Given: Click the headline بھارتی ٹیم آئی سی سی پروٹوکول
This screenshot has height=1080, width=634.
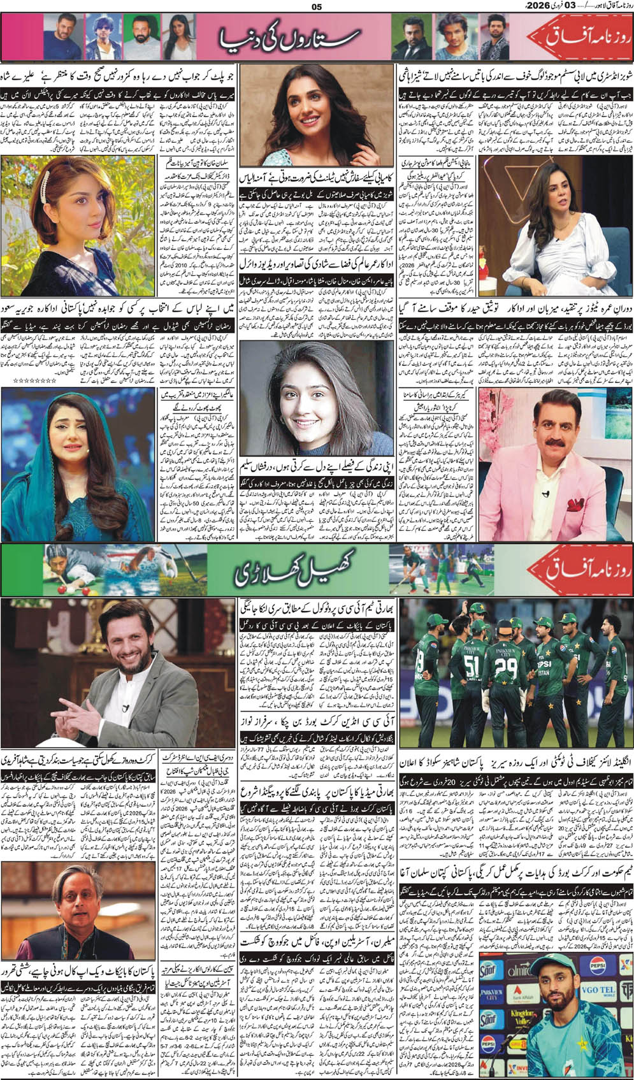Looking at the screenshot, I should (317, 606).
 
